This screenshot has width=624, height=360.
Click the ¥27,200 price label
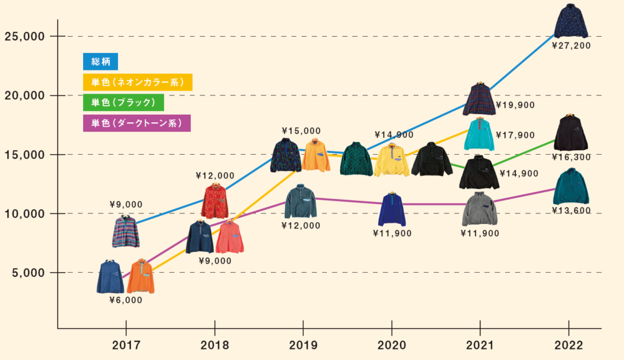pos(571,46)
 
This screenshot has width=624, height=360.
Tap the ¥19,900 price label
pos(515,105)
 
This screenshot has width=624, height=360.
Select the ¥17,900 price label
pos(515,135)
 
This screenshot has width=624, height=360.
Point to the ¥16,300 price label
pos(571,157)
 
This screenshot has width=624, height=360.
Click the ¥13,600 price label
pos(571,211)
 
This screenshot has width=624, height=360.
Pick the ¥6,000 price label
pos(126,300)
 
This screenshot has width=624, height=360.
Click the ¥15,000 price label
pos(301,131)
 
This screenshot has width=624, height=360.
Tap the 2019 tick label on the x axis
pos(303,345)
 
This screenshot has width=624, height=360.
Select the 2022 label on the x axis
pos(568,345)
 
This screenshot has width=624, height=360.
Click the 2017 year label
pos(126,345)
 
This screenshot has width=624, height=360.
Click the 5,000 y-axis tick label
pos(28,273)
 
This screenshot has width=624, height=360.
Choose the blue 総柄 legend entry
pos(100,61)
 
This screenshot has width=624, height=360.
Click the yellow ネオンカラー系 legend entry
pos(137,82)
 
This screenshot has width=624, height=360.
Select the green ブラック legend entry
pos(123,102)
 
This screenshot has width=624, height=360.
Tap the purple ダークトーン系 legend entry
pos(136,123)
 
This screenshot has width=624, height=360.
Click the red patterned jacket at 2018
pos(215,201)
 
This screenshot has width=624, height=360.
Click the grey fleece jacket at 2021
pos(479,210)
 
